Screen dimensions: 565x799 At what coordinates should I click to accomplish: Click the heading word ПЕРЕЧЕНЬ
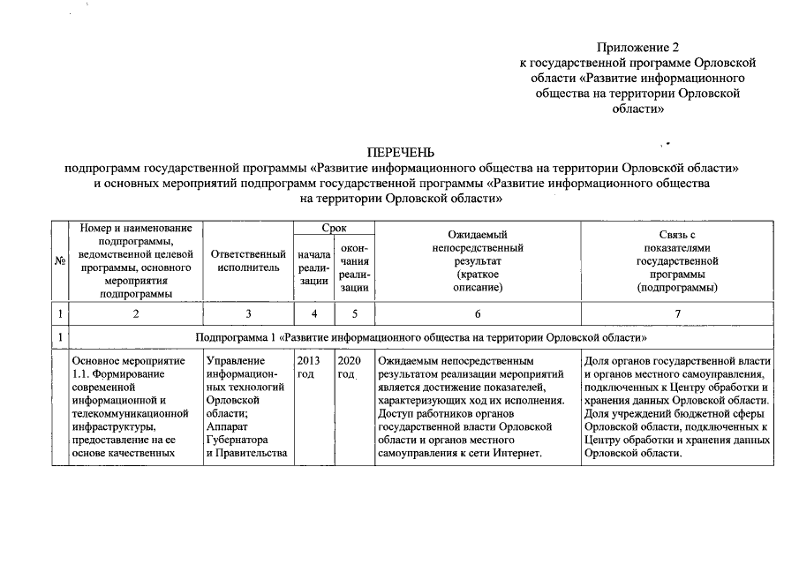coord(400,153)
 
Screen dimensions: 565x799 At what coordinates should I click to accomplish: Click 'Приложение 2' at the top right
coord(637,47)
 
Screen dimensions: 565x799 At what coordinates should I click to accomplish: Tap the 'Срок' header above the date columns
coord(334,228)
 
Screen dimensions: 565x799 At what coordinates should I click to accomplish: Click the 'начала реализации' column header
coord(314,267)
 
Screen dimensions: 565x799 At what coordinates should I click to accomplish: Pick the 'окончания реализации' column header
coord(354,267)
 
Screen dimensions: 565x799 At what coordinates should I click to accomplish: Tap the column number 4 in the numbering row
coord(314,313)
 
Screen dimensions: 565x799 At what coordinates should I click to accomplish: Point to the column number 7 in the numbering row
coord(676,313)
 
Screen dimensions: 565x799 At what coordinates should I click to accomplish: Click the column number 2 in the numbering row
coord(135,313)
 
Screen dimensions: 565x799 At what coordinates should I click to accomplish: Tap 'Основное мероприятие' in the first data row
coord(128,360)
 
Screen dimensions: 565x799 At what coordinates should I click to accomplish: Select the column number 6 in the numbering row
coord(478,313)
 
